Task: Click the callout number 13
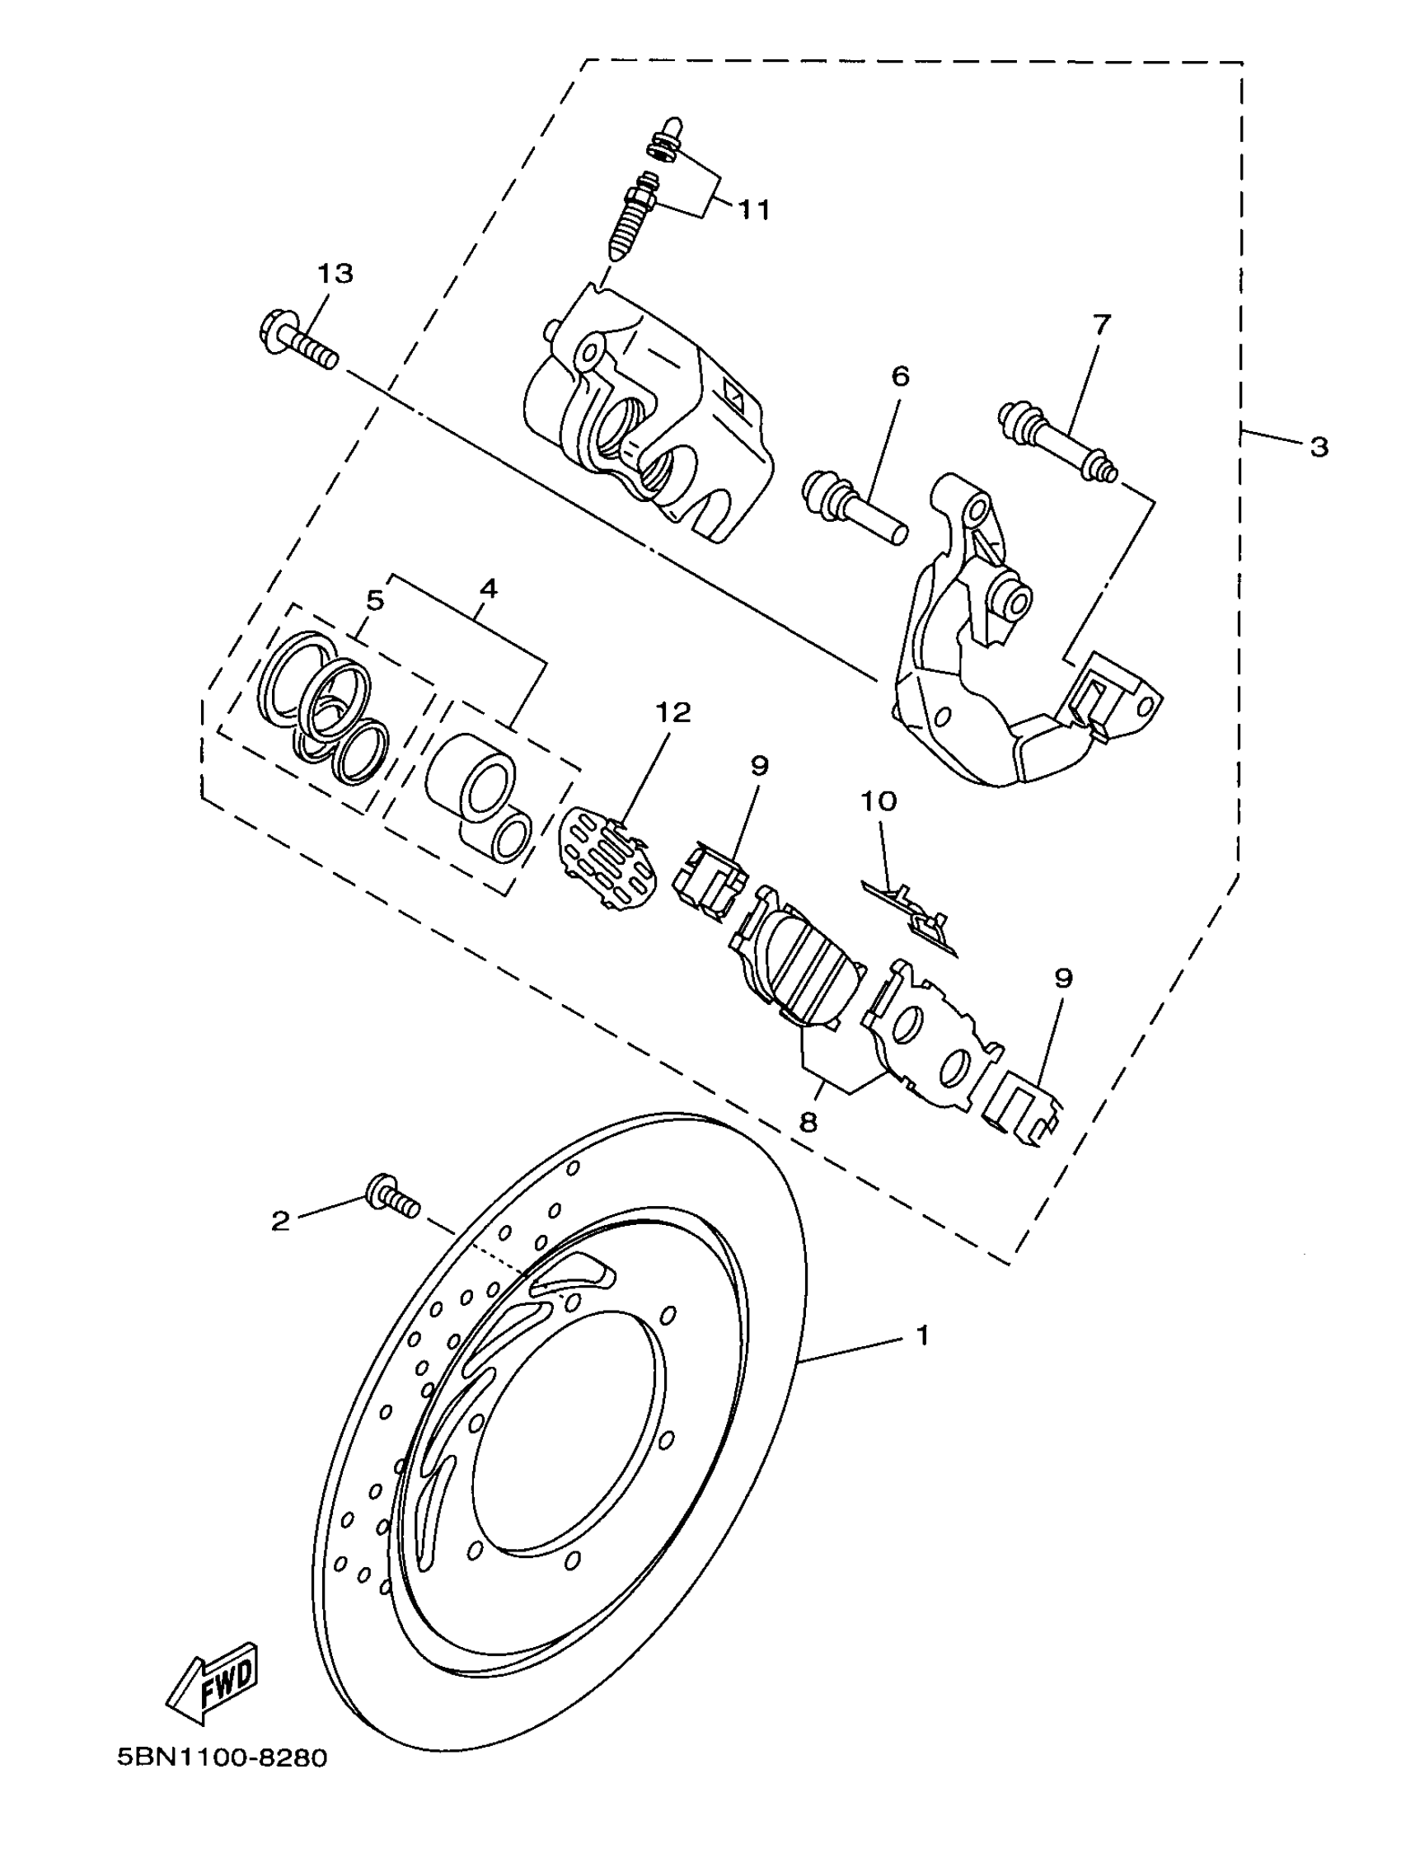pyautogui.click(x=335, y=274)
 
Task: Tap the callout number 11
pyautogui.click(x=754, y=209)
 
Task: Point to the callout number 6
pyautogui.click(x=900, y=377)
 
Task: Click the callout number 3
pyautogui.click(x=1319, y=447)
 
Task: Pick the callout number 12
pyautogui.click(x=673, y=713)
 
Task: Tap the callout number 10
pyautogui.click(x=879, y=800)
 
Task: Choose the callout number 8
pyautogui.click(x=808, y=1122)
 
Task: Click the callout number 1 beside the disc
pyautogui.click(x=922, y=1336)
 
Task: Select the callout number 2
pyautogui.click(x=280, y=1220)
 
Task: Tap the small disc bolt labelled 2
pyautogui.click(x=392, y=1200)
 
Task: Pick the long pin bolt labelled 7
pyautogui.click(x=1057, y=444)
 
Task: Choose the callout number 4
pyautogui.click(x=488, y=589)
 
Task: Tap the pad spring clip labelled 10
pyautogui.click(x=912, y=916)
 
